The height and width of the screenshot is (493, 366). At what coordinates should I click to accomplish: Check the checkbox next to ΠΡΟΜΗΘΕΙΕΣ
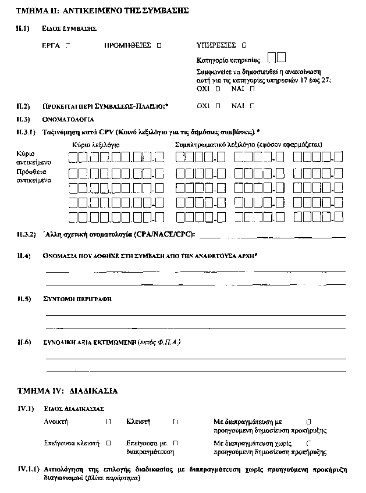pos(159,45)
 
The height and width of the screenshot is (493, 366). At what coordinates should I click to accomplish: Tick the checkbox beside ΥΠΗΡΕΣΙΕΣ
pos(244,45)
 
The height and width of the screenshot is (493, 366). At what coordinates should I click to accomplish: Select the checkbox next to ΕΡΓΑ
pos(69,45)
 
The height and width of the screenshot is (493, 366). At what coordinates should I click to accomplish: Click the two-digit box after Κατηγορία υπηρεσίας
pos(277,57)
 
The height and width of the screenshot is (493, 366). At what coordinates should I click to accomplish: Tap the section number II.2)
pos(23,106)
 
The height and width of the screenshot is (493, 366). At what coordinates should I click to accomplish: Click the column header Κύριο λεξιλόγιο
pos(96,144)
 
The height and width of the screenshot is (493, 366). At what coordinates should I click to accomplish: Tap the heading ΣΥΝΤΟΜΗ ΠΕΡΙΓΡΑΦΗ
pos(77,299)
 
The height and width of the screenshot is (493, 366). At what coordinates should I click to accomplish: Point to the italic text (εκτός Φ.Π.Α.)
pos(159,342)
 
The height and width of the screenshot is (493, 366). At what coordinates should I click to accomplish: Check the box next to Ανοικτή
pos(108,421)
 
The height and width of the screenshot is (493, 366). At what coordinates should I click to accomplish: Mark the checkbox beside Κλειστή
pos(175,421)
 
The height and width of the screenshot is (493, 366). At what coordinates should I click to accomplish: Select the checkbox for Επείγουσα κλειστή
pos(108,442)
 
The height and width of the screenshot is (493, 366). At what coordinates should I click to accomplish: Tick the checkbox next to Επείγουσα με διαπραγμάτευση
pos(175,442)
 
